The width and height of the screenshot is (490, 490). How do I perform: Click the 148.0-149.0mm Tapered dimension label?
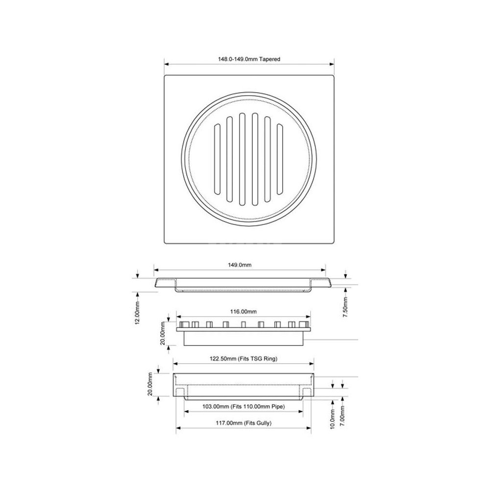point(249,59)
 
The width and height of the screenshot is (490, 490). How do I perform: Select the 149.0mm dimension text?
point(240,265)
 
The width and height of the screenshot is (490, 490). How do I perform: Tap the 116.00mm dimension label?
point(244,312)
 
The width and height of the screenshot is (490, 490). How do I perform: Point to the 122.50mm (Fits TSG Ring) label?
point(244,359)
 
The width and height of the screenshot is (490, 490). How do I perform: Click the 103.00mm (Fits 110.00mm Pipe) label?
point(244,407)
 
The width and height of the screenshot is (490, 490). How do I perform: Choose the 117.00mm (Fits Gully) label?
point(244,423)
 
